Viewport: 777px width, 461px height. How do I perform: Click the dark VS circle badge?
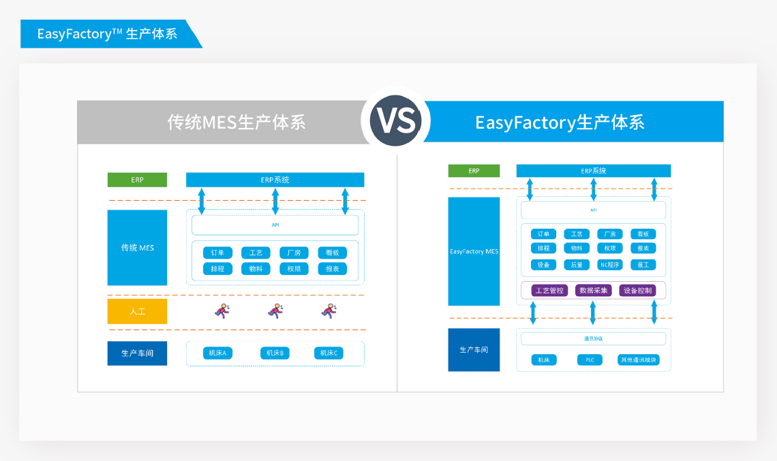click(396, 121)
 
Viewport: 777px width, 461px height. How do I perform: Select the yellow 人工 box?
click(137, 311)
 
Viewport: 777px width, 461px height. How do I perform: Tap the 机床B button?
click(275, 353)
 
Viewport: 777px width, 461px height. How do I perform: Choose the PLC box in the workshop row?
click(590, 360)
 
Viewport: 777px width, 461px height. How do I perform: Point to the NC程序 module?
click(609, 265)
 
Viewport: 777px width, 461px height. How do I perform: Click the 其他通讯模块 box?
click(639, 360)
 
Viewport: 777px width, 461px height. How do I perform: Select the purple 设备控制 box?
click(638, 290)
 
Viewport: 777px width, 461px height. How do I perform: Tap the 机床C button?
click(329, 353)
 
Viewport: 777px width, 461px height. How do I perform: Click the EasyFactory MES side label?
click(474, 251)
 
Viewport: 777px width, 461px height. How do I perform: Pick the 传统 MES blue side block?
click(137, 247)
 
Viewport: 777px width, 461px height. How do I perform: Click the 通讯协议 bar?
click(593, 338)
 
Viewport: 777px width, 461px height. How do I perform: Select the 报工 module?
click(643, 265)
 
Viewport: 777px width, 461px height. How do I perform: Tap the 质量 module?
click(577, 265)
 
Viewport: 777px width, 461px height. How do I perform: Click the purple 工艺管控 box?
click(549, 290)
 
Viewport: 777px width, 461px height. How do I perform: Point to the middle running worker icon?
click(275, 311)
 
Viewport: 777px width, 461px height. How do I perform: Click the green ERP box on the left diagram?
click(137, 180)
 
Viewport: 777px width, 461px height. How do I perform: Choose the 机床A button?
click(218, 353)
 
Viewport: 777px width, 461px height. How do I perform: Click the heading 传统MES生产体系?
click(237, 123)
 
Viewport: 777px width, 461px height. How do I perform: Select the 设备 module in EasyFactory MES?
click(543, 265)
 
